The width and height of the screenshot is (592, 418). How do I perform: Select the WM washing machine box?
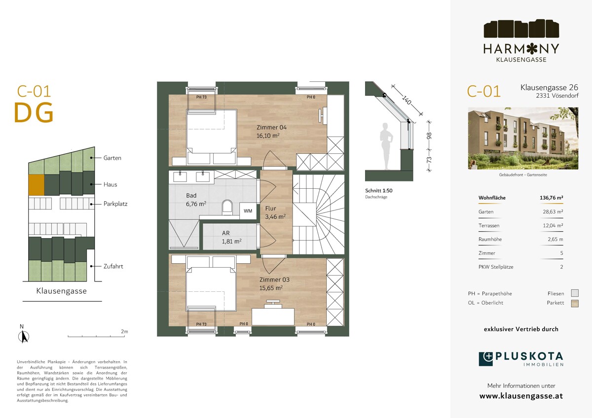tap(248, 210)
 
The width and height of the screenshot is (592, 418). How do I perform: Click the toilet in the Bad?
tap(227, 207)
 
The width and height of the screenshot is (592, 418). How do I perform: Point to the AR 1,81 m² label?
tap(231, 237)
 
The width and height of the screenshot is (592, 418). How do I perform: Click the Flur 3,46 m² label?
tap(275, 212)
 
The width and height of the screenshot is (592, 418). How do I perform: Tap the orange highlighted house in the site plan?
tap(36, 184)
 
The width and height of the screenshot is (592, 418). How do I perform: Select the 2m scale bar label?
tap(124, 331)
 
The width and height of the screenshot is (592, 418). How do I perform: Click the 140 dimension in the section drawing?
tap(407, 100)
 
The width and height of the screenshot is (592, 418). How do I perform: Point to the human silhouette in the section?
tap(386, 146)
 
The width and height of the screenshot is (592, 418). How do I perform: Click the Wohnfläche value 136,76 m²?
tap(552, 198)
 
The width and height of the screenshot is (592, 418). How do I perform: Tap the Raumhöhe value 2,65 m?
tap(555, 239)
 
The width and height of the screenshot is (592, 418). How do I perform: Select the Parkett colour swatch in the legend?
tap(575, 304)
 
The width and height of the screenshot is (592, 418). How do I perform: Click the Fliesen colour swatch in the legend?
tap(575, 293)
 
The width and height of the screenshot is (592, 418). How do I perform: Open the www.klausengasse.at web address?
tap(521, 396)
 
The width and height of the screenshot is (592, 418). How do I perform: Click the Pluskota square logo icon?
tap(486, 359)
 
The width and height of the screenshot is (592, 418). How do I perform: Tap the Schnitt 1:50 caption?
tap(379, 190)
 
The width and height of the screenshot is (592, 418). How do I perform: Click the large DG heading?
tap(34, 113)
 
